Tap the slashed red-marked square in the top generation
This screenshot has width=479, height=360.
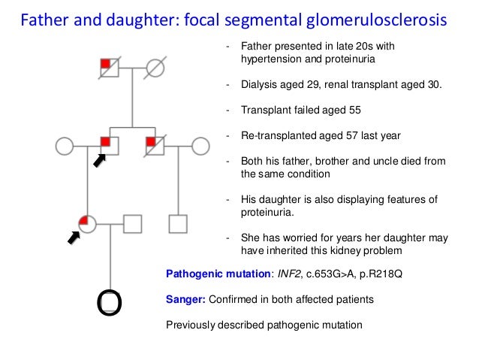[x=110, y=67]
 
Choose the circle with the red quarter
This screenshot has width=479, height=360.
[x=87, y=223]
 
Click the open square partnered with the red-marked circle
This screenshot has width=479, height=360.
[x=132, y=223]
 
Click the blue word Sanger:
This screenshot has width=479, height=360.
[x=185, y=300]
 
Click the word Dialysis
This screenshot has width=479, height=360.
[x=258, y=84]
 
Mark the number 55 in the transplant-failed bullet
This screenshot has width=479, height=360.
[x=354, y=110]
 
